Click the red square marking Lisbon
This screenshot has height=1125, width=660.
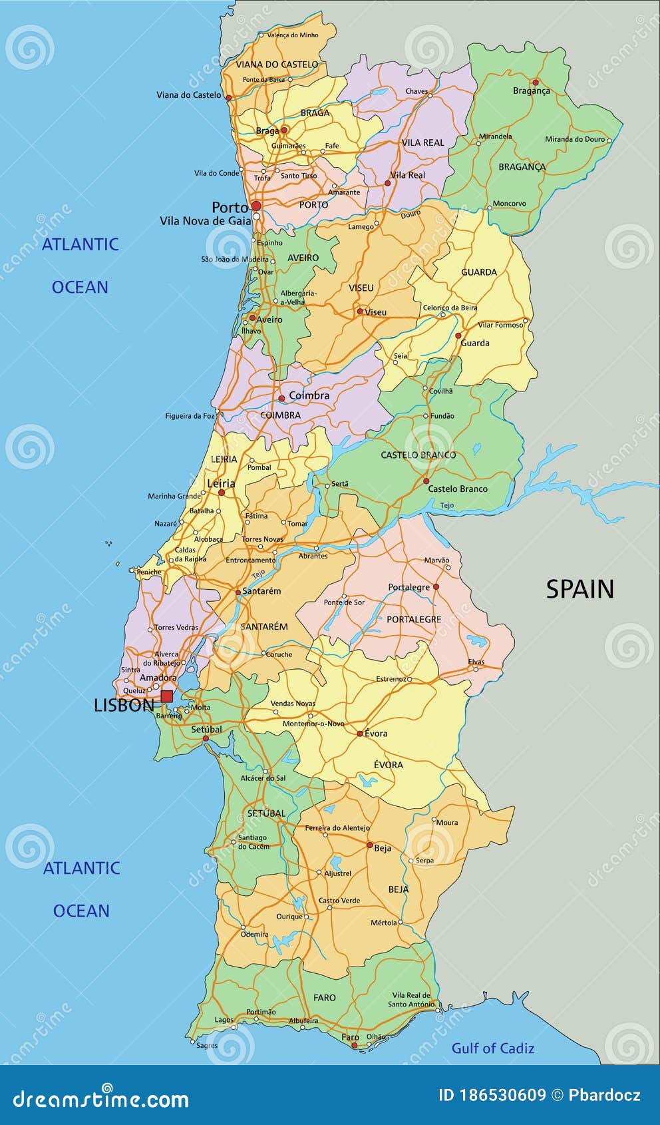tap(166, 696)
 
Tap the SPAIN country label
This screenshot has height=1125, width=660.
tap(579, 589)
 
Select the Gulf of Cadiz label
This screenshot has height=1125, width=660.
tap(492, 1048)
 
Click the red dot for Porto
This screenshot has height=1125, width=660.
tap(256, 206)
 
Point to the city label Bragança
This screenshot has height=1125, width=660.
tap(531, 91)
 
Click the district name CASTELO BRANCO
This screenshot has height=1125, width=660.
tap(418, 455)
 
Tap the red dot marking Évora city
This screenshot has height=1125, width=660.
tap(360, 734)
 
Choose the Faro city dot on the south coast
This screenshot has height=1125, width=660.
tap(354, 1045)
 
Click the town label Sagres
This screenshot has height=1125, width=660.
tap(207, 1045)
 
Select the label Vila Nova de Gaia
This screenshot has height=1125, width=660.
tap(205, 221)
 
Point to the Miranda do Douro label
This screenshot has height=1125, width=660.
tap(575, 139)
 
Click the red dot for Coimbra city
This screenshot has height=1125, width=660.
tap(281, 398)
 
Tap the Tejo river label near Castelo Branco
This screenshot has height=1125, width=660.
tap(447, 505)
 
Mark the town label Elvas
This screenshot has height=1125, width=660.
tap(476, 662)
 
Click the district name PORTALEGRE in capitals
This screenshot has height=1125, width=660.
tap(414, 619)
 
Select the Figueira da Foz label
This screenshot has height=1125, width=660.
tap(190, 416)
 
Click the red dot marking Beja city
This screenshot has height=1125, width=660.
tap(370, 845)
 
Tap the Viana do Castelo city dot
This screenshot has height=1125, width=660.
tap(229, 97)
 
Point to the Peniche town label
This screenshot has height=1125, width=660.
tap(149, 572)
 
